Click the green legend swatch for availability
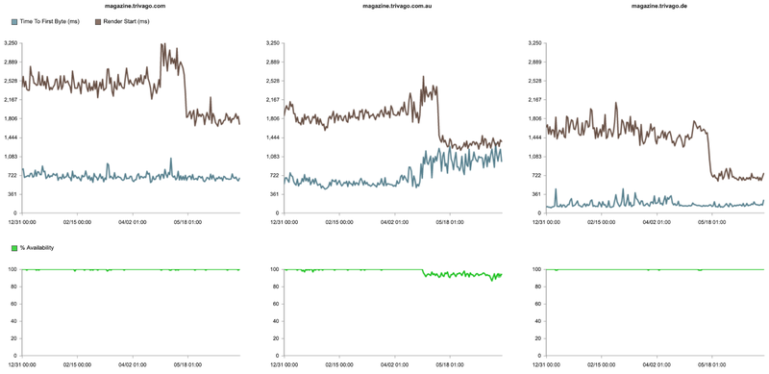point(13,248)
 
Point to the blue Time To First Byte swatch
point(13,20)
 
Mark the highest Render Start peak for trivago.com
point(163,44)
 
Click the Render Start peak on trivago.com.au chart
point(424,78)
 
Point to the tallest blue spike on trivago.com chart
point(170,160)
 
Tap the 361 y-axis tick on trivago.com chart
point(12,194)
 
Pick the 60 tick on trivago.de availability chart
point(536,308)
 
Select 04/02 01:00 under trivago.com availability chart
point(134,365)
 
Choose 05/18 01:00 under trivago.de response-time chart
point(712,221)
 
